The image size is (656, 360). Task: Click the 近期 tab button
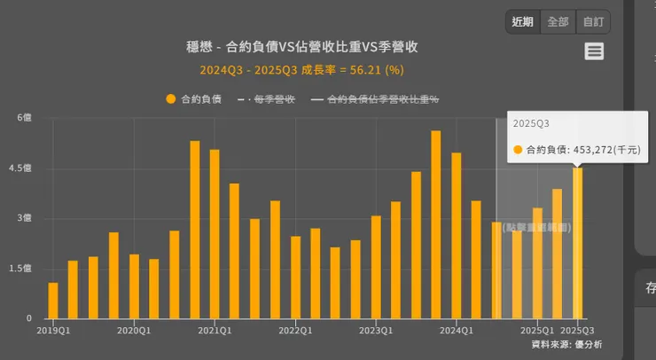[x=523, y=22]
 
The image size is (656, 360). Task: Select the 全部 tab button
[x=558, y=22]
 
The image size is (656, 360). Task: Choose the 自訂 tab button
[x=592, y=22]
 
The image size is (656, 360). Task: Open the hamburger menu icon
[x=594, y=51]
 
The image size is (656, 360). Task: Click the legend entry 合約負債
[x=192, y=99]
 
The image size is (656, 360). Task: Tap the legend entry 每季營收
[x=265, y=99]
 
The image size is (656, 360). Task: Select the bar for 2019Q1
[x=53, y=301]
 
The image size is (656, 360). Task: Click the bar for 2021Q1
[x=215, y=234]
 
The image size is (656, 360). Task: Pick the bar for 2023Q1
[x=376, y=267]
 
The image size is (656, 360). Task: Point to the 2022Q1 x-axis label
[x=295, y=331]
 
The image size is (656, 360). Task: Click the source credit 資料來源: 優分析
[x=566, y=344]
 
